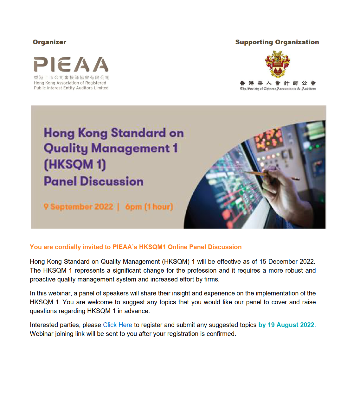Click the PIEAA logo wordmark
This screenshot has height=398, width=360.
coord(71,64)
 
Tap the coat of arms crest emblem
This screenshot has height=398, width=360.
coord(278,64)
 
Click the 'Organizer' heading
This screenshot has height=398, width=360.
coord(49,42)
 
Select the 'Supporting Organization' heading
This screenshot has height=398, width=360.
coord(277,42)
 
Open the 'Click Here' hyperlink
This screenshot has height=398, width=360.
coord(118,325)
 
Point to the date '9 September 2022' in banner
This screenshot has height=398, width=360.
coord(78,207)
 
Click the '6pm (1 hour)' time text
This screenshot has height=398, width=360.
coord(149,207)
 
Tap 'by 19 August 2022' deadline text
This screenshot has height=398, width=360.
coord(286,325)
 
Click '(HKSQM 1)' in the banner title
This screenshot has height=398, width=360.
coord(75,164)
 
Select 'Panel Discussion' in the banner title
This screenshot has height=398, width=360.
coord(93,181)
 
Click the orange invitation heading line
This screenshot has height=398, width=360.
coord(136,247)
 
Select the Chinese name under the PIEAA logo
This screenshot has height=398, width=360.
coord(71,77)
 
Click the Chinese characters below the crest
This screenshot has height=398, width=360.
coord(278,83)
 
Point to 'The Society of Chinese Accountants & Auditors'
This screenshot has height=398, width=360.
coord(278,89)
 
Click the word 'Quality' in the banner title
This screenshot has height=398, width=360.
coord(66,148)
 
